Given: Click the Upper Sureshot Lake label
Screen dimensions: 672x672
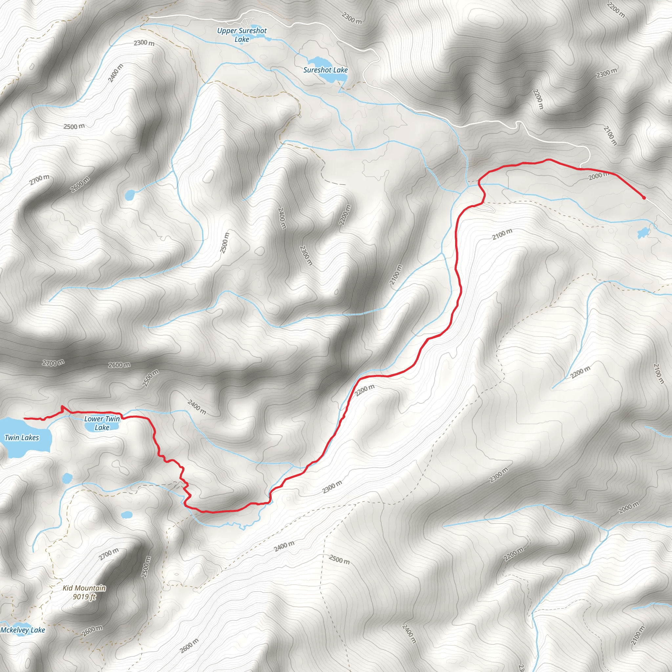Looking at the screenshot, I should tap(242, 35).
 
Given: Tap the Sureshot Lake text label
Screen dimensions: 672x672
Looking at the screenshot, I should tap(325, 70).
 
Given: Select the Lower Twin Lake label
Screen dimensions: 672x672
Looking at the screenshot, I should tap(102, 423).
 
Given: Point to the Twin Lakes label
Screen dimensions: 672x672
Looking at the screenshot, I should tap(22, 438).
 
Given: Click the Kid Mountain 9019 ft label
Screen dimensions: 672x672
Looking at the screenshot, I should tap(84, 592).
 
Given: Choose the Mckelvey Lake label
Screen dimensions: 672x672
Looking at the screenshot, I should tap(23, 630).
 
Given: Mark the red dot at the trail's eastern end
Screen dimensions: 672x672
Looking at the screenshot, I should tap(644, 198).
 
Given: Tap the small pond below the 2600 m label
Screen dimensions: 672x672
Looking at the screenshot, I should tap(129, 195).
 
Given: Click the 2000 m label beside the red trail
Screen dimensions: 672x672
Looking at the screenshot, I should tap(598, 176).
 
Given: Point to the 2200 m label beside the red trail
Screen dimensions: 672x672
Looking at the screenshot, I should tap(365, 390).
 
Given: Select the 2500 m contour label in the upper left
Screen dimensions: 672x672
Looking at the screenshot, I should tap(74, 126).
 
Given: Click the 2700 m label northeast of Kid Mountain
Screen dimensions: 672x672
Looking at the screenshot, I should tap(109, 554).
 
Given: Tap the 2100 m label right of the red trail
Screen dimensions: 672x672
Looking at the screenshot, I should tap(502, 234).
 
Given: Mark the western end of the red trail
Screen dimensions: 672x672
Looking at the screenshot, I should tap(24, 418).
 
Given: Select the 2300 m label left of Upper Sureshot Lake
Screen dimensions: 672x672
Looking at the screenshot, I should tap(144, 43).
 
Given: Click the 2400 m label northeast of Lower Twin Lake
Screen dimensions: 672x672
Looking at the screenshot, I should tap(197, 407).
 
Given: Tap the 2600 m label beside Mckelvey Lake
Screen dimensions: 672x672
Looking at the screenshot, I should tap(92, 630).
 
